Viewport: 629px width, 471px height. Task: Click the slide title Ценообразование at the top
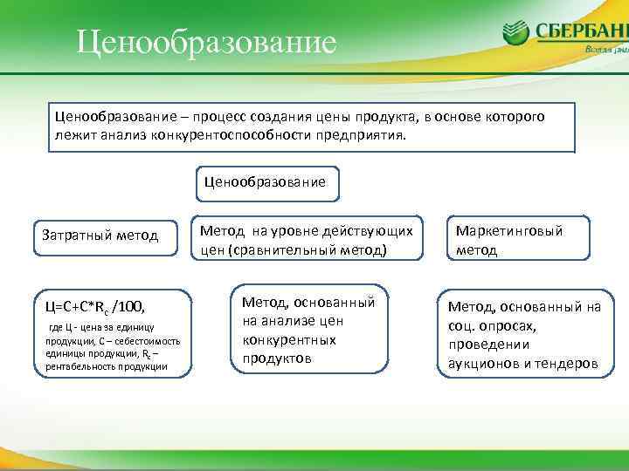coord(206,42)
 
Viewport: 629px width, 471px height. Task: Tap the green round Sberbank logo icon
coord(515,32)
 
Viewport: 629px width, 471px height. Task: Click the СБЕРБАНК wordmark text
coord(581,31)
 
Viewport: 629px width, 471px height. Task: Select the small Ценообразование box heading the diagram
coord(265,182)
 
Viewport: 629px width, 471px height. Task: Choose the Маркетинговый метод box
coord(509,240)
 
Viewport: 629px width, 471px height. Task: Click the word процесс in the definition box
coord(223,116)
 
